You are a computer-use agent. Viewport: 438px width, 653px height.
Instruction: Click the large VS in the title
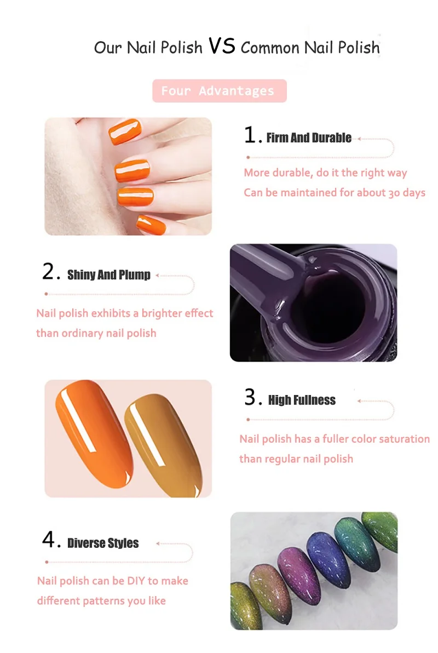(x=222, y=46)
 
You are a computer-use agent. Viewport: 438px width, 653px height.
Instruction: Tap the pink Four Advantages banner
(x=220, y=91)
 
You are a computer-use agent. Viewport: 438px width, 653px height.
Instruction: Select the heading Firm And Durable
(x=308, y=138)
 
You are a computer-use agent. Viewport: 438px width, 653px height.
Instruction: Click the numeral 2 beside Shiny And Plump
(x=48, y=272)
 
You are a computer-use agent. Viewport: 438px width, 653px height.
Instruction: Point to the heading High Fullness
(x=302, y=400)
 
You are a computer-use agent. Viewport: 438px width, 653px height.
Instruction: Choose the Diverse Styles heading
(x=103, y=543)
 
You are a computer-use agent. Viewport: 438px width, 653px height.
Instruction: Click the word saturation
(x=403, y=439)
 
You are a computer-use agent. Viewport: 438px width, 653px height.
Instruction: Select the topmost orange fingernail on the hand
(x=124, y=131)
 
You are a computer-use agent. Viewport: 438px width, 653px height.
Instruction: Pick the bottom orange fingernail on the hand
(x=151, y=225)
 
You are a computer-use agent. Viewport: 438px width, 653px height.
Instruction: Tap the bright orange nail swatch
(x=93, y=433)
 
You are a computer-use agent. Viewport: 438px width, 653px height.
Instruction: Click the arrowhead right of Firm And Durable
(x=359, y=139)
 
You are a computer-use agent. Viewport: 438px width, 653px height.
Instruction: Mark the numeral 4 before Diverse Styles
(x=48, y=540)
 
